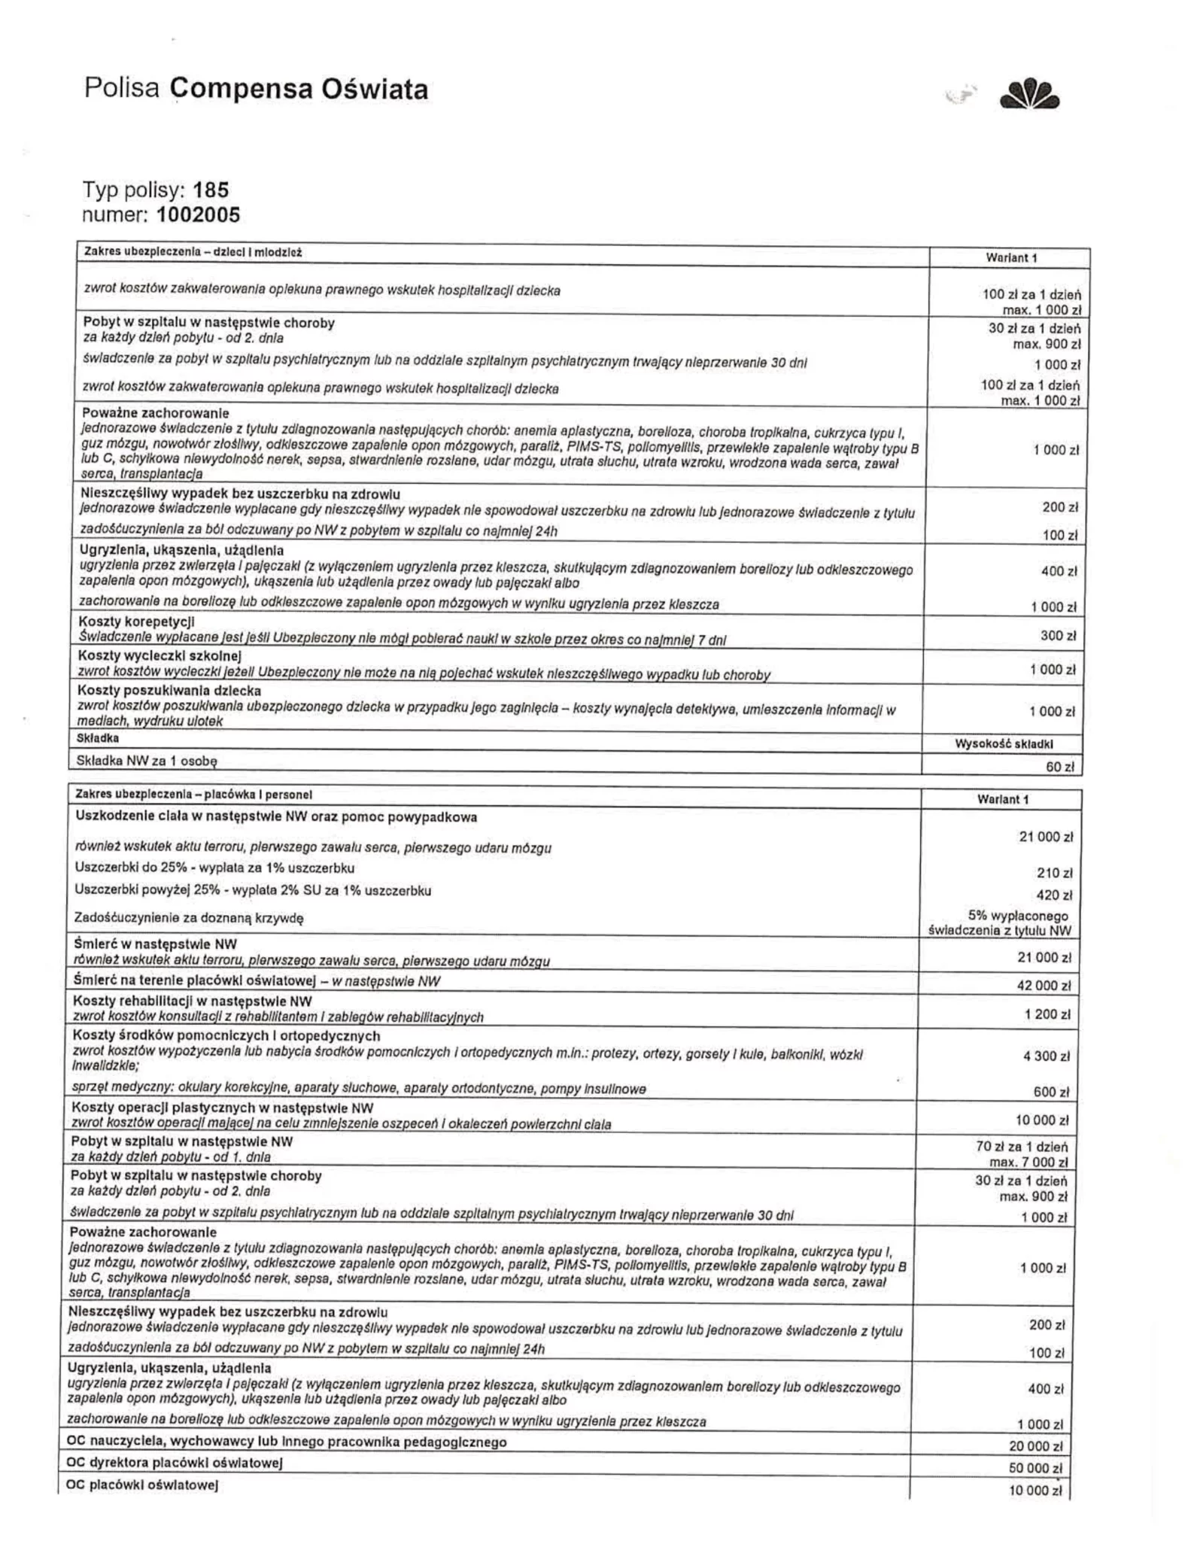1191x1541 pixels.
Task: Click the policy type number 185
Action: point(211,190)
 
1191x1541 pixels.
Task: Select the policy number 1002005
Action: point(199,215)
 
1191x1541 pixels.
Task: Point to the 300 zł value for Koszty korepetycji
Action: point(1058,636)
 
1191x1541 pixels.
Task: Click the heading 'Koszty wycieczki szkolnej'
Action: point(160,657)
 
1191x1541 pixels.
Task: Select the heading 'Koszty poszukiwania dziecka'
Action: point(170,691)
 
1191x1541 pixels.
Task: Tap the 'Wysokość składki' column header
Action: point(1004,743)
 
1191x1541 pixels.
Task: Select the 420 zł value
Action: point(1054,895)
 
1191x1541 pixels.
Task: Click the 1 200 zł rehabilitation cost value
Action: point(1047,1015)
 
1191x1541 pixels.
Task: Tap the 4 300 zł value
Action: point(1046,1056)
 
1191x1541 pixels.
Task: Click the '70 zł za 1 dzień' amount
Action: point(1021,1147)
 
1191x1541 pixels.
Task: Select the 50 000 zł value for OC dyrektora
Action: point(1035,1468)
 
